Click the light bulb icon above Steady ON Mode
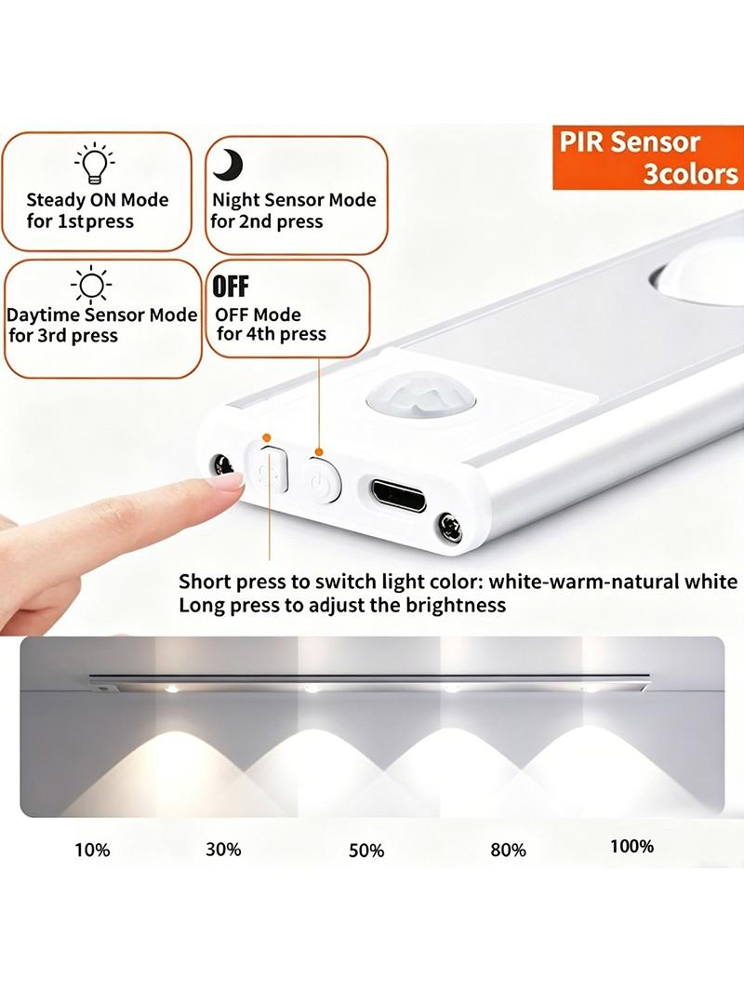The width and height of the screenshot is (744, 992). [x=95, y=163]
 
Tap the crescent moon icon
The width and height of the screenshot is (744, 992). [x=228, y=164]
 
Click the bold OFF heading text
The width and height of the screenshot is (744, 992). [x=231, y=287]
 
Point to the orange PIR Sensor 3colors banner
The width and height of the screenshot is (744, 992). [x=648, y=157]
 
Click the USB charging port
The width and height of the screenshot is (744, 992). [x=398, y=494]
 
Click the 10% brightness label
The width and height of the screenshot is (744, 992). [x=92, y=850]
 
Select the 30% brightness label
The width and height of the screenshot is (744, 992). [x=223, y=849]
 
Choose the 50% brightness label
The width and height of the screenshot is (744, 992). [x=366, y=851]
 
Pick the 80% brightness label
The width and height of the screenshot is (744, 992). [x=508, y=850]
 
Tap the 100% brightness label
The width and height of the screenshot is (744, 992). [x=632, y=846]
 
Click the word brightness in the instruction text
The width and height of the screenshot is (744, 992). [x=456, y=606]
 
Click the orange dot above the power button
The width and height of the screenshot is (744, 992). [x=319, y=451]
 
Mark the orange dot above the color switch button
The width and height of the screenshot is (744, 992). [x=266, y=437]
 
